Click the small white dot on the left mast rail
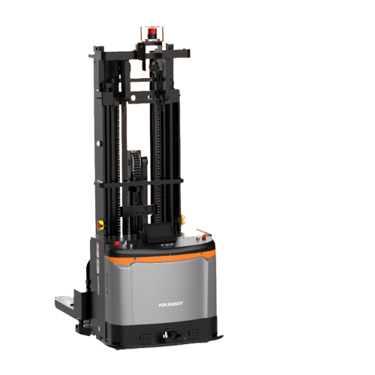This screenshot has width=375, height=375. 98,143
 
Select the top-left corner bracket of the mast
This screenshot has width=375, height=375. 97,52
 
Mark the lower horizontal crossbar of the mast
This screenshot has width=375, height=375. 142,181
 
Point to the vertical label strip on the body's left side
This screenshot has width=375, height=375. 96,270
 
